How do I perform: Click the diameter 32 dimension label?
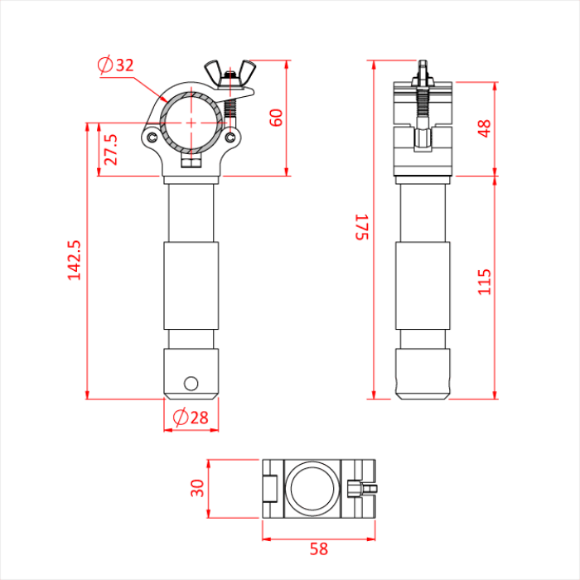(x=116, y=65)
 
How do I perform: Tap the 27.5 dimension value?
(x=111, y=150)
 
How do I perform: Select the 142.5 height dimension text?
(x=75, y=260)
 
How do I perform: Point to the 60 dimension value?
(x=277, y=117)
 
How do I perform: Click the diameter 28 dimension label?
(x=191, y=418)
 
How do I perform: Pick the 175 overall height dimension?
(x=360, y=227)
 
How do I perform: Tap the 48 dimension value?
(x=485, y=128)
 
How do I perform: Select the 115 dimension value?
(x=485, y=282)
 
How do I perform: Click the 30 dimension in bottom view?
(x=197, y=487)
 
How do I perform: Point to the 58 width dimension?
(x=319, y=549)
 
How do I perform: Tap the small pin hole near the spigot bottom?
(x=191, y=383)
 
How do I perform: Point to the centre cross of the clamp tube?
(x=192, y=122)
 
